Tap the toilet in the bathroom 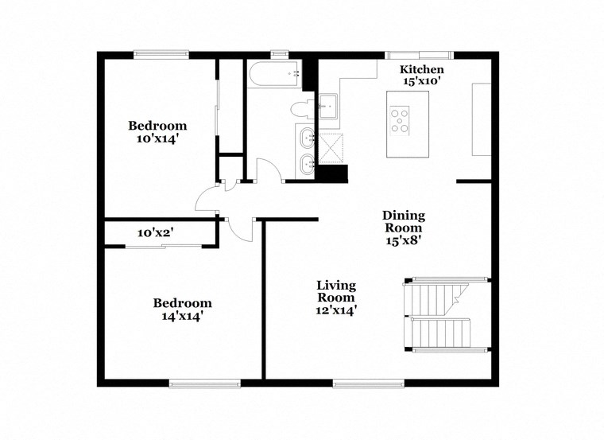pos(300,109)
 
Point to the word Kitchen pos(421,70)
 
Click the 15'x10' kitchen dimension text pos(421,81)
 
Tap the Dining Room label pos(404,222)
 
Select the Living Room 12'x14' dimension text pos(336,310)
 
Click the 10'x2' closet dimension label pos(156,232)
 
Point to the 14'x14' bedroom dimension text pos(182,315)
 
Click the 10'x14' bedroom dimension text pos(157,138)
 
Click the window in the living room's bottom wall pos(362,383)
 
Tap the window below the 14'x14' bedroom pos(204,383)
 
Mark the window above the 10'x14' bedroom pos(161,55)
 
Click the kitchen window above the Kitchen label pos(419,55)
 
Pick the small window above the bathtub pos(279,55)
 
